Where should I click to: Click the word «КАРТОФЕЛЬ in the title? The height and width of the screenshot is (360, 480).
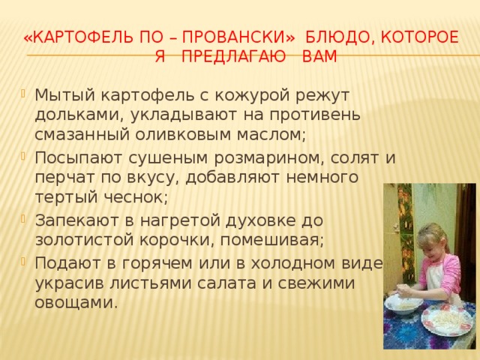pos(78,37)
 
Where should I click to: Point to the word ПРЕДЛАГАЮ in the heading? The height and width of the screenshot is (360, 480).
pos(233,57)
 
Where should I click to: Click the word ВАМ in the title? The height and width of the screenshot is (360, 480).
pos(319,57)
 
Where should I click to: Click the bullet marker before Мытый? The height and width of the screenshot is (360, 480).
pos(23,93)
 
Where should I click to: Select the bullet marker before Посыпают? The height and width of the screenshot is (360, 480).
pos(23,157)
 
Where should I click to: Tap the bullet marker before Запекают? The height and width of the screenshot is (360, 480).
pos(23,219)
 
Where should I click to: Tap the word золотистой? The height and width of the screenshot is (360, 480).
pos(85,240)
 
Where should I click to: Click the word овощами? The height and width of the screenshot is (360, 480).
pos(76,303)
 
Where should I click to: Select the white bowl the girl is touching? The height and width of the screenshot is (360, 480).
pos(403,303)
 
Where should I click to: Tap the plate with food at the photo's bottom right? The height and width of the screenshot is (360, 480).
pos(448,319)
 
